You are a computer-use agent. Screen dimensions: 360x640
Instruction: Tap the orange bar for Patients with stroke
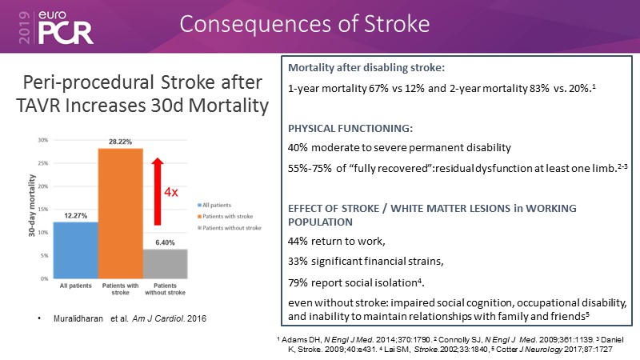click(x=119, y=213)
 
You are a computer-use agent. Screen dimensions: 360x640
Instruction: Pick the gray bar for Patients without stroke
click(x=166, y=263)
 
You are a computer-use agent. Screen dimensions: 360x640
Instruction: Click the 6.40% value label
click(x=166, y=242)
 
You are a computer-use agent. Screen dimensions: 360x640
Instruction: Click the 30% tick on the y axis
click(x=44, y=140)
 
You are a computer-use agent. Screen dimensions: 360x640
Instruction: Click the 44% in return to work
click(x=298, y=241)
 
